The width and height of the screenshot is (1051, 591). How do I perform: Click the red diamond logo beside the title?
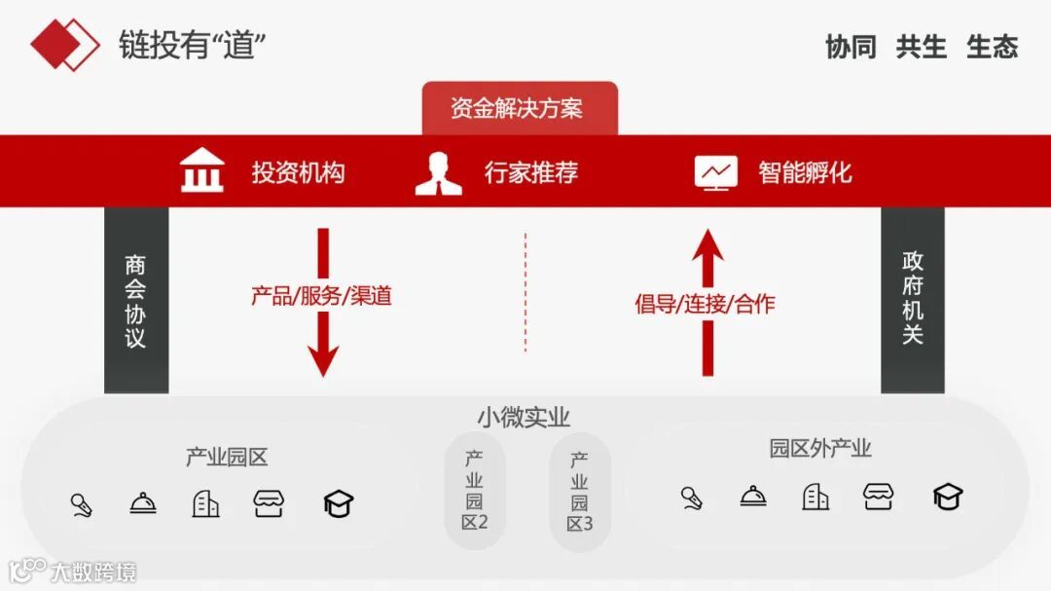(64, 44)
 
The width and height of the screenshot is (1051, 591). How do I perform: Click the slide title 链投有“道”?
(193, 45)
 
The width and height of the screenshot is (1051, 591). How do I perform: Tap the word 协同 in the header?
(851, 47)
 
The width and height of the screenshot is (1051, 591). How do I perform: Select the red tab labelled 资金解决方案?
(520, 108)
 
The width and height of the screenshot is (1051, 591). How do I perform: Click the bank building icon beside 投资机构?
(202, 172)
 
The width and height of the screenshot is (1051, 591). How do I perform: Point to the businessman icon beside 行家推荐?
(438, 172)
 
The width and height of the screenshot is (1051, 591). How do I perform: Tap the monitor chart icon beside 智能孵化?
(716, 172)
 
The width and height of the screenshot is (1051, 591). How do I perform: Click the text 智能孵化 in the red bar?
(805, 172)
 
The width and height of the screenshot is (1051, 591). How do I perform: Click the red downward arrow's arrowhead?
(323, 359)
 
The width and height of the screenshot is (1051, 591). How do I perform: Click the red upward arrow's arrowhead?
(708, 244)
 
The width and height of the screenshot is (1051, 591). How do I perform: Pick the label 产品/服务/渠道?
(322, 296)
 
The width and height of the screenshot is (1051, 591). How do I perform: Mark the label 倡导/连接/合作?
(706, 303)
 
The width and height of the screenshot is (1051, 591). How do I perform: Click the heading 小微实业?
(524, 417)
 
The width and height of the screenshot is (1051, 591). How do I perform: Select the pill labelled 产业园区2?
(475, 491)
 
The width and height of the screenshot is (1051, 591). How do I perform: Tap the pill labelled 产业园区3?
(579, 491)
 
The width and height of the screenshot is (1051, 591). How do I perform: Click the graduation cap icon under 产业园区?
(338, 503)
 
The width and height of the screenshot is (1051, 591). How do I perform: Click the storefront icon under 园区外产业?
(878, 497)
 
